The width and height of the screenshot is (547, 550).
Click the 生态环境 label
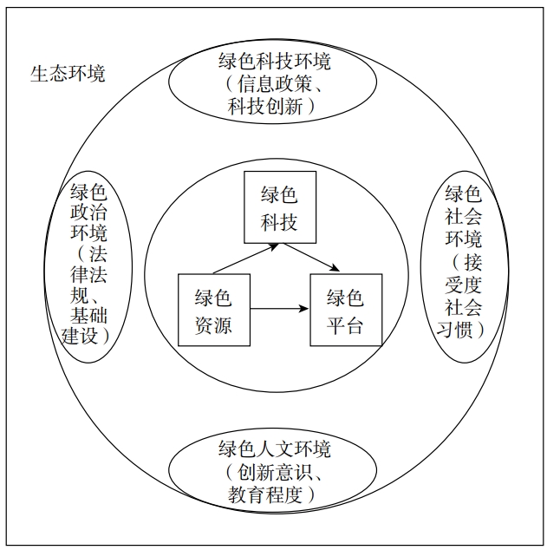(x=68, y=74)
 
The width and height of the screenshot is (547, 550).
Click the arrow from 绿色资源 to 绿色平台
(x=280, y=309)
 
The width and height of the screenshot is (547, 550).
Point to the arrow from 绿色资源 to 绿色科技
(x=245, y=259)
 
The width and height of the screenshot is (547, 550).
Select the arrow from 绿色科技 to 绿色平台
(x=311, y=257)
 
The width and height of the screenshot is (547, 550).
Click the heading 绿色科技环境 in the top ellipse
(x=275, y=62)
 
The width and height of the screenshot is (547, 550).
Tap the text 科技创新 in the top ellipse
(x=265, y=106)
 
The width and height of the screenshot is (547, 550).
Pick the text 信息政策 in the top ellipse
(x=275, y=84)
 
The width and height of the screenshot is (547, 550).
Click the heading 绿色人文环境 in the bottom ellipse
(x=275, y=449)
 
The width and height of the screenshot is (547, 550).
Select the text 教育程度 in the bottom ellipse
(x=265, y=494)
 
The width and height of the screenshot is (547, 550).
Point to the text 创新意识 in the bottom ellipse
(x=275, y=471)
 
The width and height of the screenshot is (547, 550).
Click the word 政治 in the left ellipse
(x=88, y=212)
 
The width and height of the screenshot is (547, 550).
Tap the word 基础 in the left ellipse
(x=88, y=315)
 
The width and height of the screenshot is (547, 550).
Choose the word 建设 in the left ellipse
(x=80, y=336)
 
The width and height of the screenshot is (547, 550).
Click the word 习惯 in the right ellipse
(x=454, y=329)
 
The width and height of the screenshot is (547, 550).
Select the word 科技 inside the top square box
(x=279, y=222)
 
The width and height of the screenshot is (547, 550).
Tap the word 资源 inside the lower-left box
(x=213, y=325)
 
